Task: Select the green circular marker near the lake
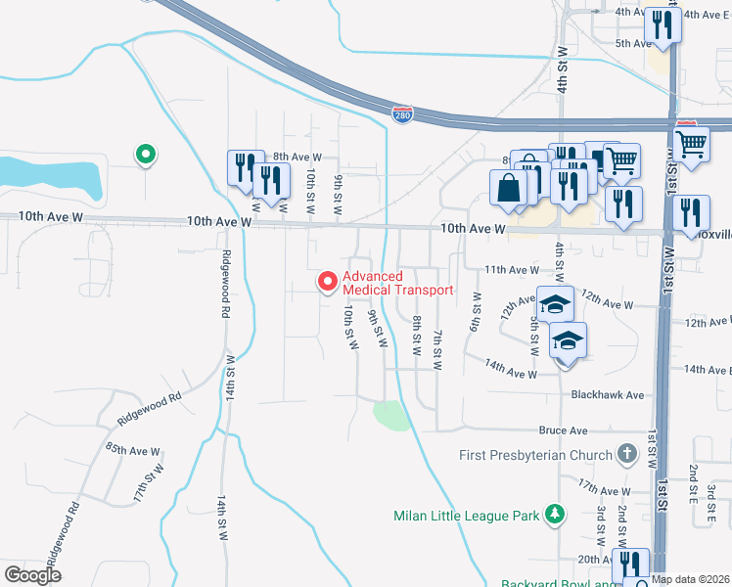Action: coord(145,154)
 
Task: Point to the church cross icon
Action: coord(626,455)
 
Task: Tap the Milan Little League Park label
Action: coord(467,515)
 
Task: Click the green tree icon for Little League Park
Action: coord(555,514)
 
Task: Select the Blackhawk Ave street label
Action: coord(608,394)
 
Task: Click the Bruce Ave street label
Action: coord(563,430)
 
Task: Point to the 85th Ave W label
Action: coord(132,450)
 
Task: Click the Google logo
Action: coord(33,575)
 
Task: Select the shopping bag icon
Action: coord(509,187)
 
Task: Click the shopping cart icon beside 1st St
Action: coord(692,143)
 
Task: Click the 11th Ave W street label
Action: coord(512,269)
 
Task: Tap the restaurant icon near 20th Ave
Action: coord(628,564)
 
